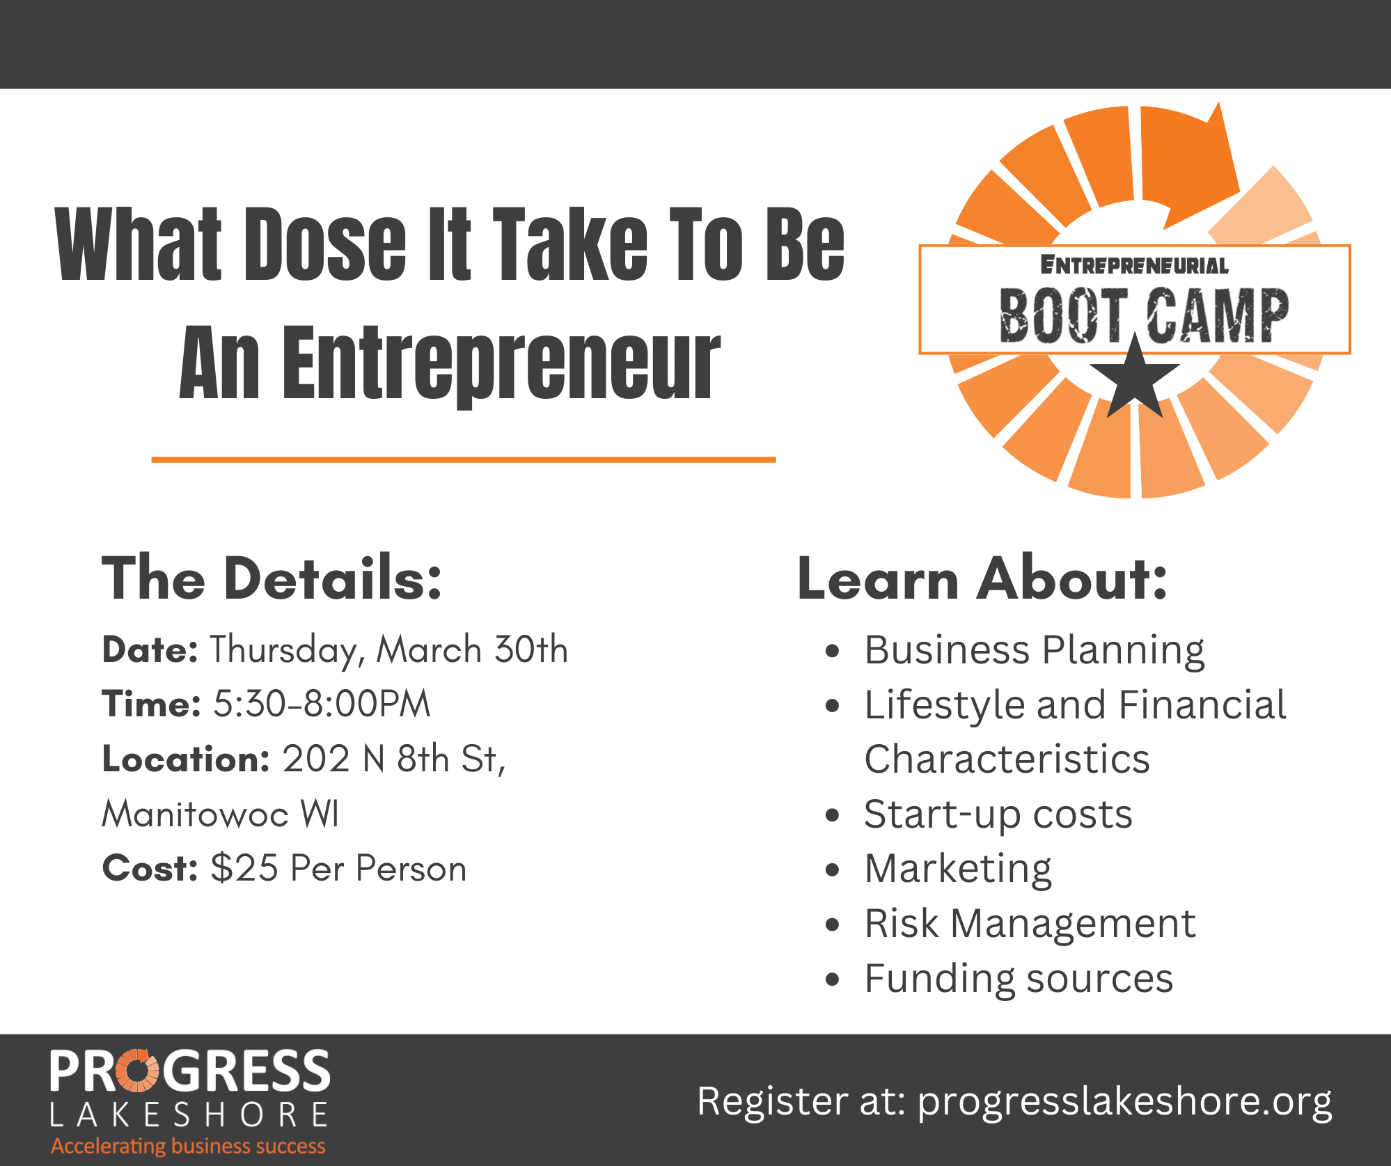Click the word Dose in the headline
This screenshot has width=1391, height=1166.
(x=325, y=244)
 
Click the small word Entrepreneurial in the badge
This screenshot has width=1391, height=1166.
(x=1135, y=265)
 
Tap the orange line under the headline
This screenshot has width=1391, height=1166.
(x=464, y=459)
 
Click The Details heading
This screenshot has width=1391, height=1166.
(x=272, y=578)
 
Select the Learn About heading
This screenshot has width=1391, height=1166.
(x=982, y=578)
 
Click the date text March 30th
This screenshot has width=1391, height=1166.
(x=472, y=649)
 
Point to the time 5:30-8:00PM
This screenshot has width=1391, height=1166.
(x=322, y=704)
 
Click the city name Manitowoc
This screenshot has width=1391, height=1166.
(x=196, y=814)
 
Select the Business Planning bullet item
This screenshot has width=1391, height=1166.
(x=1035, y=651)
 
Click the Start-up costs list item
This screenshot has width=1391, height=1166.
(x=998, y=814)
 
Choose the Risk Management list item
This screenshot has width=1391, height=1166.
(x=1030, y=924)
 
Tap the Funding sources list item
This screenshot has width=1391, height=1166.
(x=1019, y=979)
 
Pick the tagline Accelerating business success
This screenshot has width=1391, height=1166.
(x=189, y=1146)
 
